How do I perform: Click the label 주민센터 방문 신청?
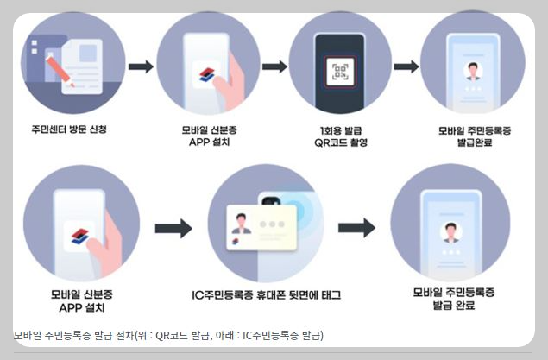click(67, 130)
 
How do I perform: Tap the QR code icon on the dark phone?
click(339, 73)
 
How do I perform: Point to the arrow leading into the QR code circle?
click(274, 66)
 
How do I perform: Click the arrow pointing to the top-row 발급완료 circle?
click(406, 66)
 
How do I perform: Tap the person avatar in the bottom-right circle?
click(448, 231)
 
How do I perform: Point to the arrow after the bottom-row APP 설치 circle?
click(173, 229)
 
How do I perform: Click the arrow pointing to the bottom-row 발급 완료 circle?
click(356, 228)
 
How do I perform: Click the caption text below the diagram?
click(168, 335)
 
